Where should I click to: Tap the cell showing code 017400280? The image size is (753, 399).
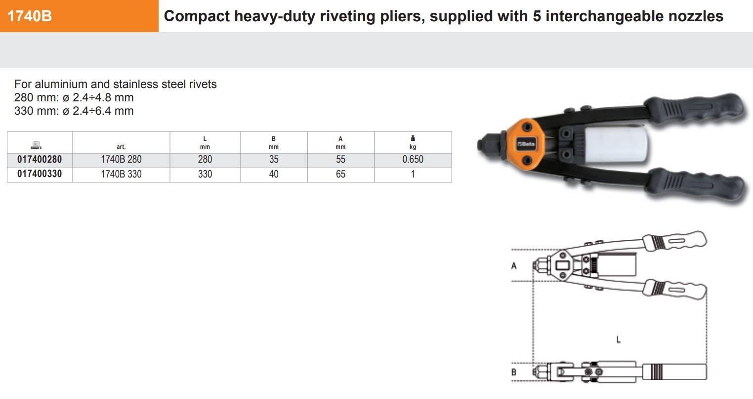[x=40, y=160]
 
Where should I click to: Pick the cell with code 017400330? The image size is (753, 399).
[x=40, y=175]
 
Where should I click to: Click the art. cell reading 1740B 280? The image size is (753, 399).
[x=121, y=160]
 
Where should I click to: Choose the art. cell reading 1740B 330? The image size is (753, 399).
[x=121, y=175]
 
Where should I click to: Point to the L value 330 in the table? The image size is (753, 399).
[x=205, y=175]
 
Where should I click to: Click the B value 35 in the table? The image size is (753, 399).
[x=274, y=160]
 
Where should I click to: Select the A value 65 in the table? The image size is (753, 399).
[x=340, y=175]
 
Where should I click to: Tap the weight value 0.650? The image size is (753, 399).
[x=413, y=160]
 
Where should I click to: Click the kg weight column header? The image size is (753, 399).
[x=413, y=142]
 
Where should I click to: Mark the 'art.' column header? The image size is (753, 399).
[x=121, y=146]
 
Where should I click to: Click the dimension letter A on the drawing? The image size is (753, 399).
[x=514, y=266]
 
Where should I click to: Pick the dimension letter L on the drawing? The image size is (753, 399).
[x=618, y=339]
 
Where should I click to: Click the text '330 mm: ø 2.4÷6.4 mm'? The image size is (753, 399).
[x=74, y=111]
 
